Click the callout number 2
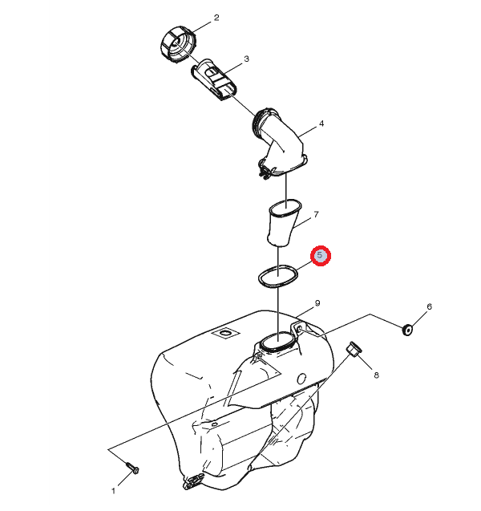[x=216, y=18]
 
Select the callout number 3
[x=247, y=59]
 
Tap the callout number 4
[x=321, y=124]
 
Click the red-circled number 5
[x=321, y=255]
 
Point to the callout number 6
[x=429, y=306]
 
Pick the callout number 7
[x=316, y=214]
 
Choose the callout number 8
[x=376, y=375]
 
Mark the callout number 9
[x=317, y=303]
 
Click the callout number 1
[x=113, y=491]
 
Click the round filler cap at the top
[x=178, y=44]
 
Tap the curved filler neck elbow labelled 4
[x=280, y=144]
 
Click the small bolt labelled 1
[x=132, y=468]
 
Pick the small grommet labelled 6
[x=407, y=330]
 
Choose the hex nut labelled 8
[x=354, y=349]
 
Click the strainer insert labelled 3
[x=213, y=79]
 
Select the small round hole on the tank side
[x=302, y=379]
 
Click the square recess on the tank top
[x=225, y=334]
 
